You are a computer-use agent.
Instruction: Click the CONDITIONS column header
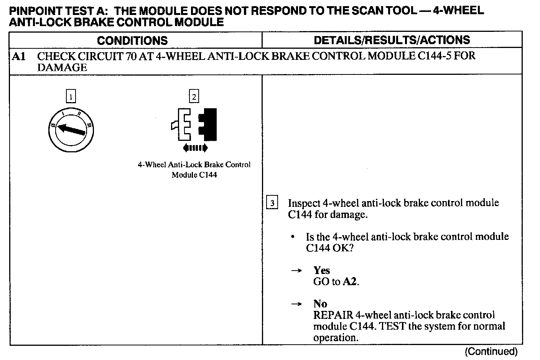tap(132, 40)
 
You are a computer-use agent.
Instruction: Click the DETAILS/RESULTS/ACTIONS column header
tap(392, 40)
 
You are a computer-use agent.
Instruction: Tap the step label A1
tap(19, 56)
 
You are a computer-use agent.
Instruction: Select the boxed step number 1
tap(71, 96)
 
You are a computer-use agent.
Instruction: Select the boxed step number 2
tap(194, 96)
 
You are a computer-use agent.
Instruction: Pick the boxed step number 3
tap(272, 203)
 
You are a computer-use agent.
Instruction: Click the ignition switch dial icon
tap(71, 129)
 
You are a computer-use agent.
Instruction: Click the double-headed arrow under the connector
tap(195, 148)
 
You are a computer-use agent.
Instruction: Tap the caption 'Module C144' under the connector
tap(194, 175)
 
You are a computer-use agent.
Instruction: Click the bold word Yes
tap(321, 270)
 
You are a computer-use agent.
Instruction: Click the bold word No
tap(320, 304)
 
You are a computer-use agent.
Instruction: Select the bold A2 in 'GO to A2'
tap(350, 282)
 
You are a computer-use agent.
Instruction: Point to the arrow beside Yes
tap(296, 271)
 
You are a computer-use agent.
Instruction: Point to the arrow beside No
tap(296, 304)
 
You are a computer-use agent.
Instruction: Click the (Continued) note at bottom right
tap(491, 351)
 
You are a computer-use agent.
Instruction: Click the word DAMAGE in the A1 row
tap(62, 68)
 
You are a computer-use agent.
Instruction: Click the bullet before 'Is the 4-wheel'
tap(293, 237)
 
